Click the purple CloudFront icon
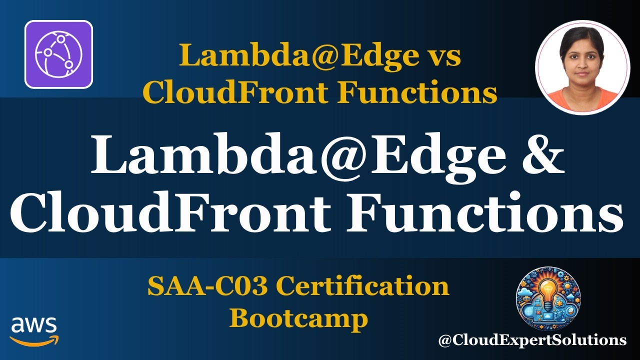pos(58,54)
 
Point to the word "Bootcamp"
pos(298,318)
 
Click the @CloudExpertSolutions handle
pos(532,340)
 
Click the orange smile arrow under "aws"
pos(34,340)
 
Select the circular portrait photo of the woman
pos(582,67)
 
